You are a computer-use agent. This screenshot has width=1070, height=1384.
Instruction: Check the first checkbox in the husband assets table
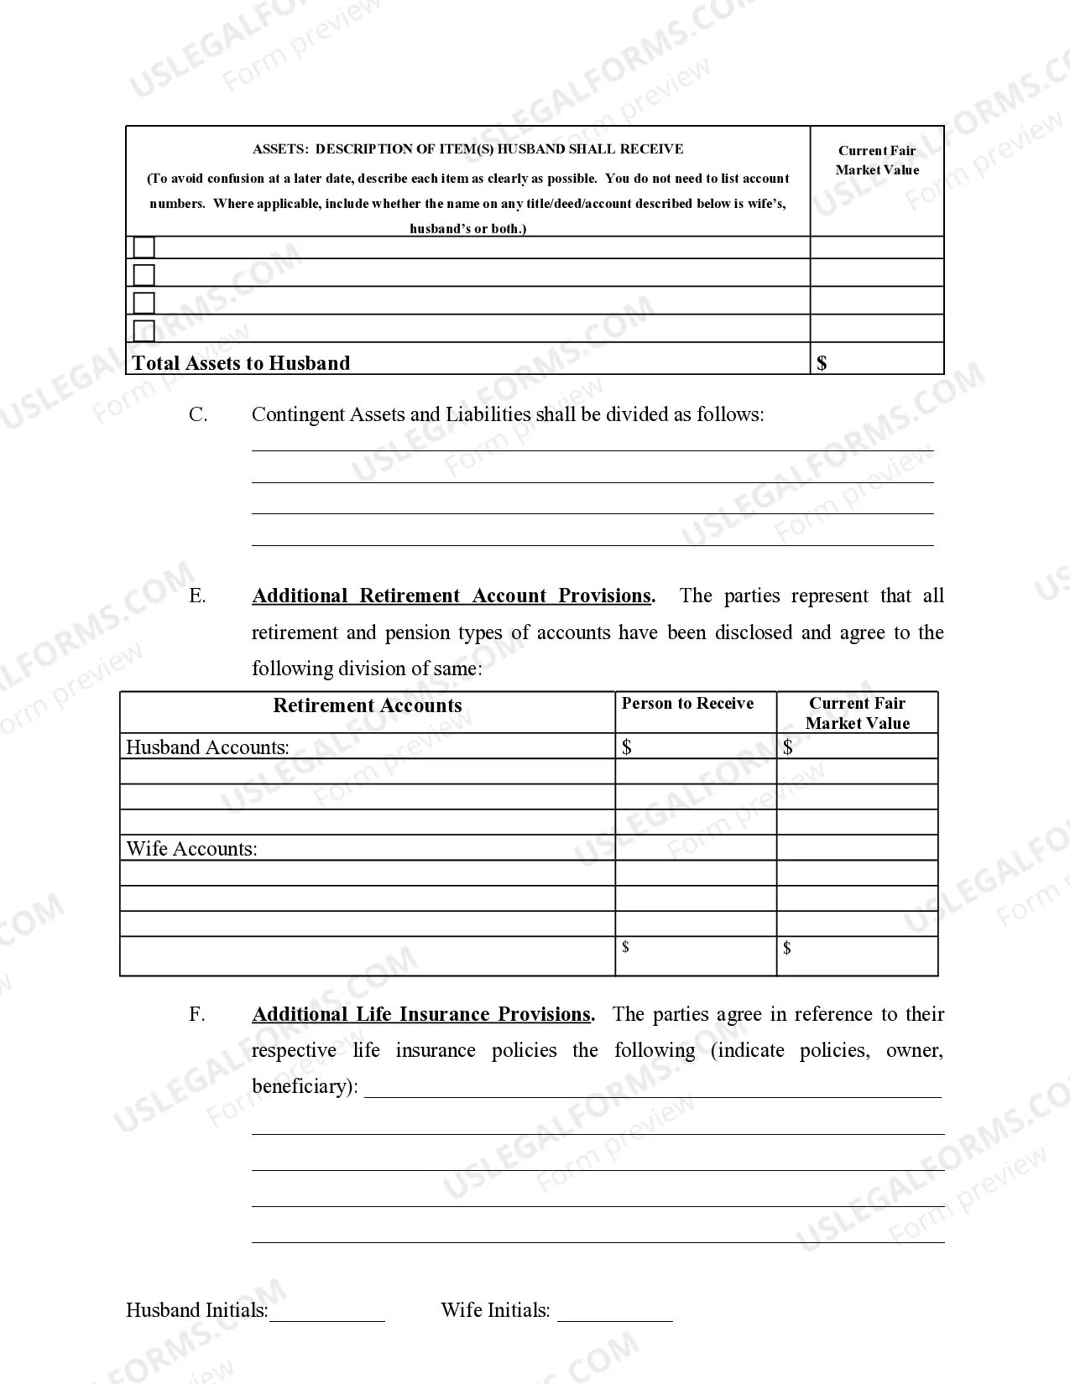click(144, 247)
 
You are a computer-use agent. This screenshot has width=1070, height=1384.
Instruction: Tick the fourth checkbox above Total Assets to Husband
click(144, 330)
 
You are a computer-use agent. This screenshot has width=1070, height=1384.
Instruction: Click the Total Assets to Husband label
click(241, 363)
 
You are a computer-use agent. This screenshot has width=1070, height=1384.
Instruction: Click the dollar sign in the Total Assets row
click(822, 363)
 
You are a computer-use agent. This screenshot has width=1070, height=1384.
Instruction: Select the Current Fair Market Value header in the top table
click(877, 160)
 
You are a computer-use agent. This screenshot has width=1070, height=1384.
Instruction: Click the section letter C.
click(198, 414)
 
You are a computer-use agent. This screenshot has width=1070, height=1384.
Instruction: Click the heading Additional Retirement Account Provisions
click(451, 596)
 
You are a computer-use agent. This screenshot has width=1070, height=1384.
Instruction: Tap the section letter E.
click(197, 596)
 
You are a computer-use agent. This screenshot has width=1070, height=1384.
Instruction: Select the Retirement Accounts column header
click(368, 705)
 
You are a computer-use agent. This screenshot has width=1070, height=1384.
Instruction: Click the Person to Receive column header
click(687, 704)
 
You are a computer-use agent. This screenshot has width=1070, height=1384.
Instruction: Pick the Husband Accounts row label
click(207, 747)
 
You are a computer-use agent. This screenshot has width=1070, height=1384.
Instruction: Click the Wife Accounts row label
click(191, 849)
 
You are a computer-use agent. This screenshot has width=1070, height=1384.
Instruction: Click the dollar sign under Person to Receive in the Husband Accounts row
click(627, 747)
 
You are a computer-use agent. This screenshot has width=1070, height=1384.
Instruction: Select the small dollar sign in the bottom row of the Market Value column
click(786, 948)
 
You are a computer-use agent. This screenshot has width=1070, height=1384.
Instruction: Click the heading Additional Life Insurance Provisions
click(422, 1014)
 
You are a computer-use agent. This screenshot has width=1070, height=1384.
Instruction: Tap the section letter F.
click(197, 1014)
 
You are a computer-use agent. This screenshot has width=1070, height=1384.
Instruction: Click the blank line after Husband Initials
click(327, 1313)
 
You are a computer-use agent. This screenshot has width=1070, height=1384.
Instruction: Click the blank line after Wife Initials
click(615, 1313)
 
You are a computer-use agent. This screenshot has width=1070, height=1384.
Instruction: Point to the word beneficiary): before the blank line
click(305, 1086)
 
